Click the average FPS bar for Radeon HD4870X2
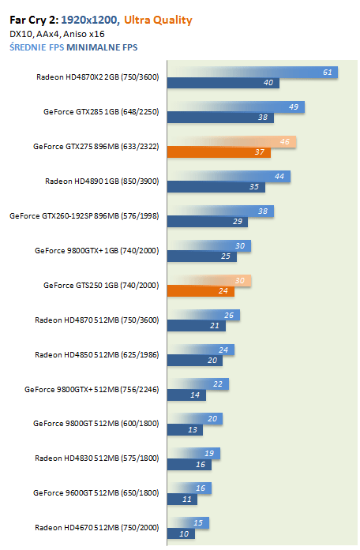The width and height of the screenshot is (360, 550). (253, 73)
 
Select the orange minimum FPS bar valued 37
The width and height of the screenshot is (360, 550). (219, 152)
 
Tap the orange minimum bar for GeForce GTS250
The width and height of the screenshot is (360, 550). (201, 291)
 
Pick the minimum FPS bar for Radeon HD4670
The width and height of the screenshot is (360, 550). (181, 533)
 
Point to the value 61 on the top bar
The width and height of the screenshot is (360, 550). (328, 73)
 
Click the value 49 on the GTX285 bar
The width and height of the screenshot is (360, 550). (294, 107)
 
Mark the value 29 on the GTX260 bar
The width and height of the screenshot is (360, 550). (238, 221)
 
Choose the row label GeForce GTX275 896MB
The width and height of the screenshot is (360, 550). (96, 146)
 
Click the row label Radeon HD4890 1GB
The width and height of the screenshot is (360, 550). (102, 181)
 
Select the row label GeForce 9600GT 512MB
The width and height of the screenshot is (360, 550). (96, 493)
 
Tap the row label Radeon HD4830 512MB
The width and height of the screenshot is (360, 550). (97, 458)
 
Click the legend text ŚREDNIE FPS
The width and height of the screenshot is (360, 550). (37, 47)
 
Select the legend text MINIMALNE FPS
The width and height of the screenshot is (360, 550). (102, 47)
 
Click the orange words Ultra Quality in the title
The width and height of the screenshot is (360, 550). (158, 21)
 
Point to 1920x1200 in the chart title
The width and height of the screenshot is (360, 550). (89, 20)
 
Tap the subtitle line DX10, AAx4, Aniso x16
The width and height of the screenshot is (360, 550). (57, 34)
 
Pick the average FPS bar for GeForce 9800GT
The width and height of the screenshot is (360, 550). (195, 418)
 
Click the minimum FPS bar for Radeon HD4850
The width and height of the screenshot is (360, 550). (195, 361)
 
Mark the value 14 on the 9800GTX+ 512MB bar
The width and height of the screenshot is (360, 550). (195, 395)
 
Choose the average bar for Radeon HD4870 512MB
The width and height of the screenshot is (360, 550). (204, 315)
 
